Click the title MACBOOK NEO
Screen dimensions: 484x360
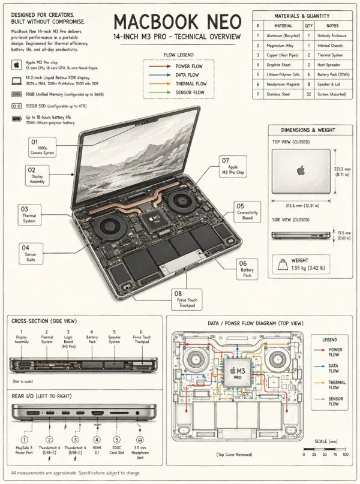[177, 22]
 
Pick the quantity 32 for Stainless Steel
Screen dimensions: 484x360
[309, 94]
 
